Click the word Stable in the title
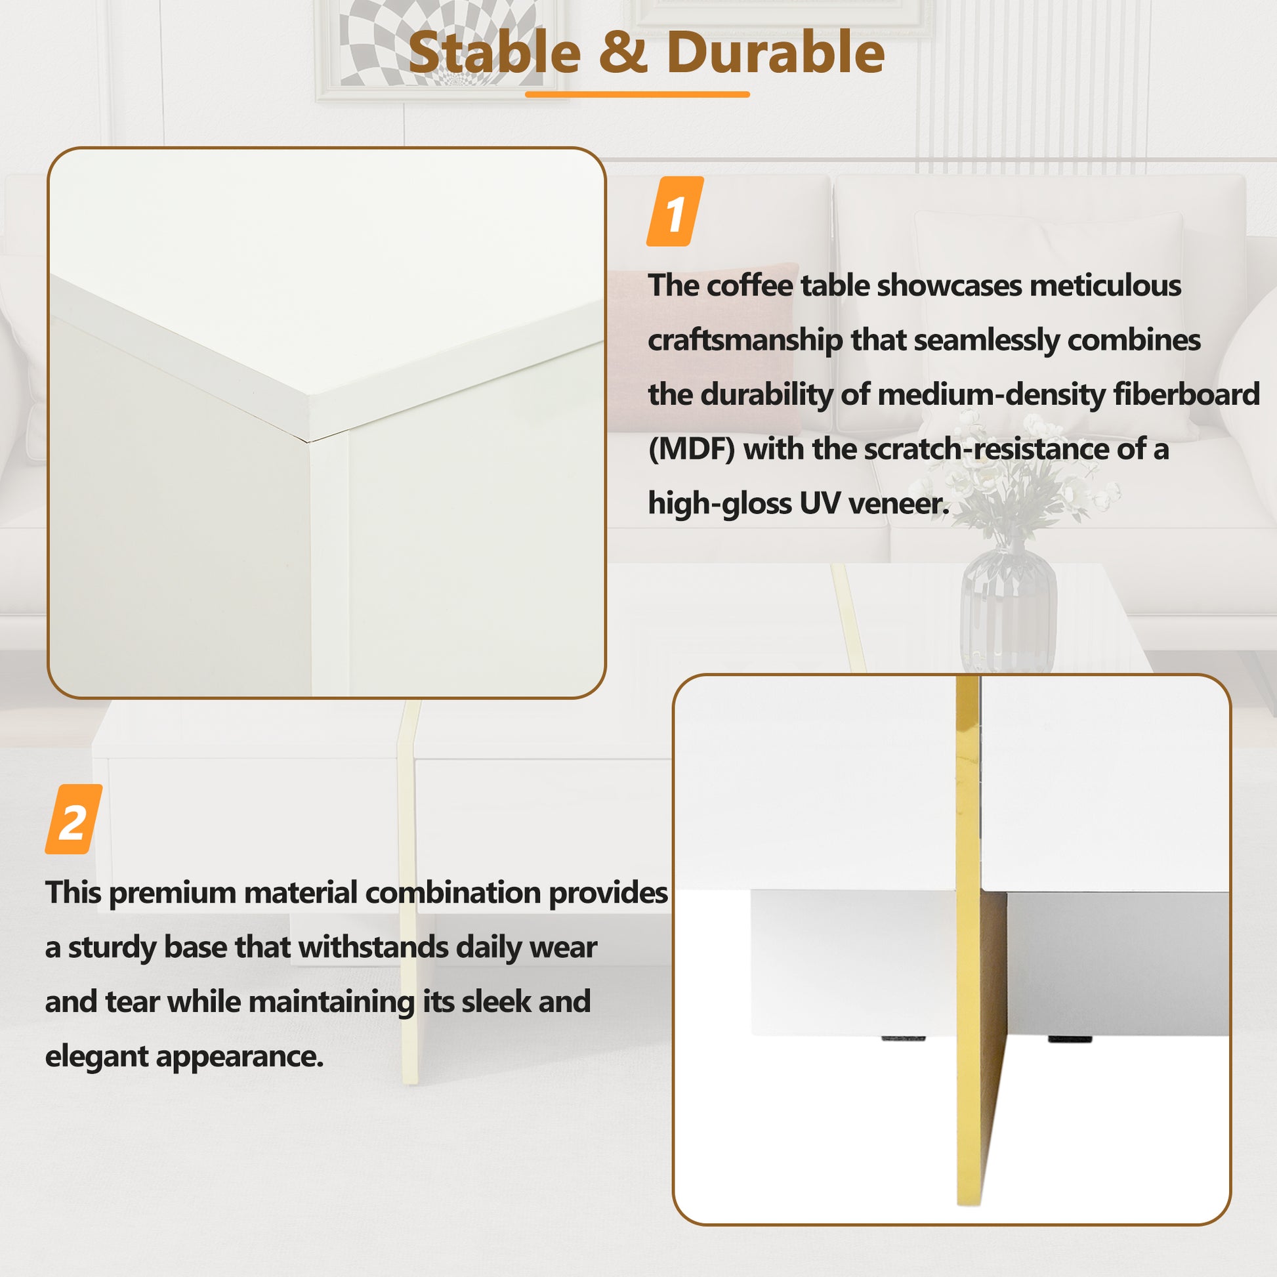point(494,53)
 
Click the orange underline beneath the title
point(637,94)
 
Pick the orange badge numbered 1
point(674,212)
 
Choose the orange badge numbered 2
point(73,819)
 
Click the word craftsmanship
point(744,341)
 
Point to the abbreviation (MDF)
point(692,450)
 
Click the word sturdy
point(112,947)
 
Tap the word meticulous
point(1105,285)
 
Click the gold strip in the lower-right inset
point(968,992)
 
